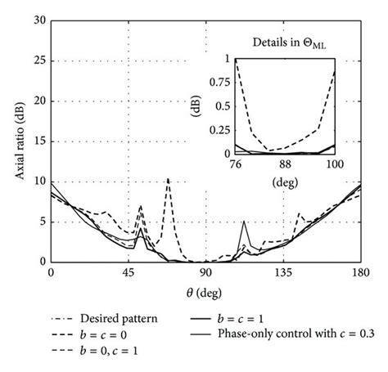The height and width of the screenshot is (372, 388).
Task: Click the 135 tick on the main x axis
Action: [282, 275]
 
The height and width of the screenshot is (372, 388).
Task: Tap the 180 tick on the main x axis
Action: [359, 275]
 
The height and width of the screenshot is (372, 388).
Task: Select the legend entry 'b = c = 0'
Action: [106, 334]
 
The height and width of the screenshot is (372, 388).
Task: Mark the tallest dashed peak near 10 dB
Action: [168, 179]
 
